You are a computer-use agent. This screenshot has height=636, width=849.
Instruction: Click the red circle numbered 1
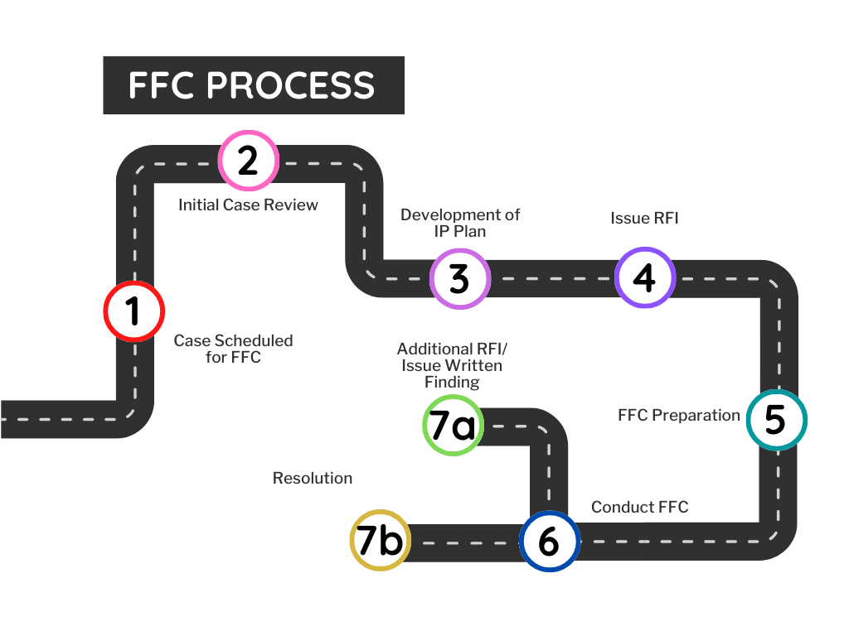[133, 311]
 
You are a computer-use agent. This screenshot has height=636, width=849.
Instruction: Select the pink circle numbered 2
[249, 161]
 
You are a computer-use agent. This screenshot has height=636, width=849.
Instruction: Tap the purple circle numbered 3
[460, 278]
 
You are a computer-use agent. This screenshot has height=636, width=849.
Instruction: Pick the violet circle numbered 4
[645, 277]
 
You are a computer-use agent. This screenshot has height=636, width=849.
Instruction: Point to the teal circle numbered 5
[776, 420]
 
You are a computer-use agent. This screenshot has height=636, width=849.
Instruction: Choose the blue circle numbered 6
[549, 542]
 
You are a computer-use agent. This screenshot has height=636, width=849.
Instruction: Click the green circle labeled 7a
[452, 426]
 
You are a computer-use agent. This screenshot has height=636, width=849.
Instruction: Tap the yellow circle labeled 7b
[380, 541]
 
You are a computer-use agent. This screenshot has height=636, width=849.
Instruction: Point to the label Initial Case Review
[248, 205]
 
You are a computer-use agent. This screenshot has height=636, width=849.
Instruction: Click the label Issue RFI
[644, 219]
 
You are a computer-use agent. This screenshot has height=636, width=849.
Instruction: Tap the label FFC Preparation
[678, 415]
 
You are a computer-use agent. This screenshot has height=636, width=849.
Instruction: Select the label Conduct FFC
[639, 507]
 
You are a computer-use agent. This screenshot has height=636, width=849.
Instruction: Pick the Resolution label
[312, 479]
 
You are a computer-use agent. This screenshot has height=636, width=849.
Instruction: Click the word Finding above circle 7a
[452, 382]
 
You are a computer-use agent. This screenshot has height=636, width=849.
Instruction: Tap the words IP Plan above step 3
[459, 231]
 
